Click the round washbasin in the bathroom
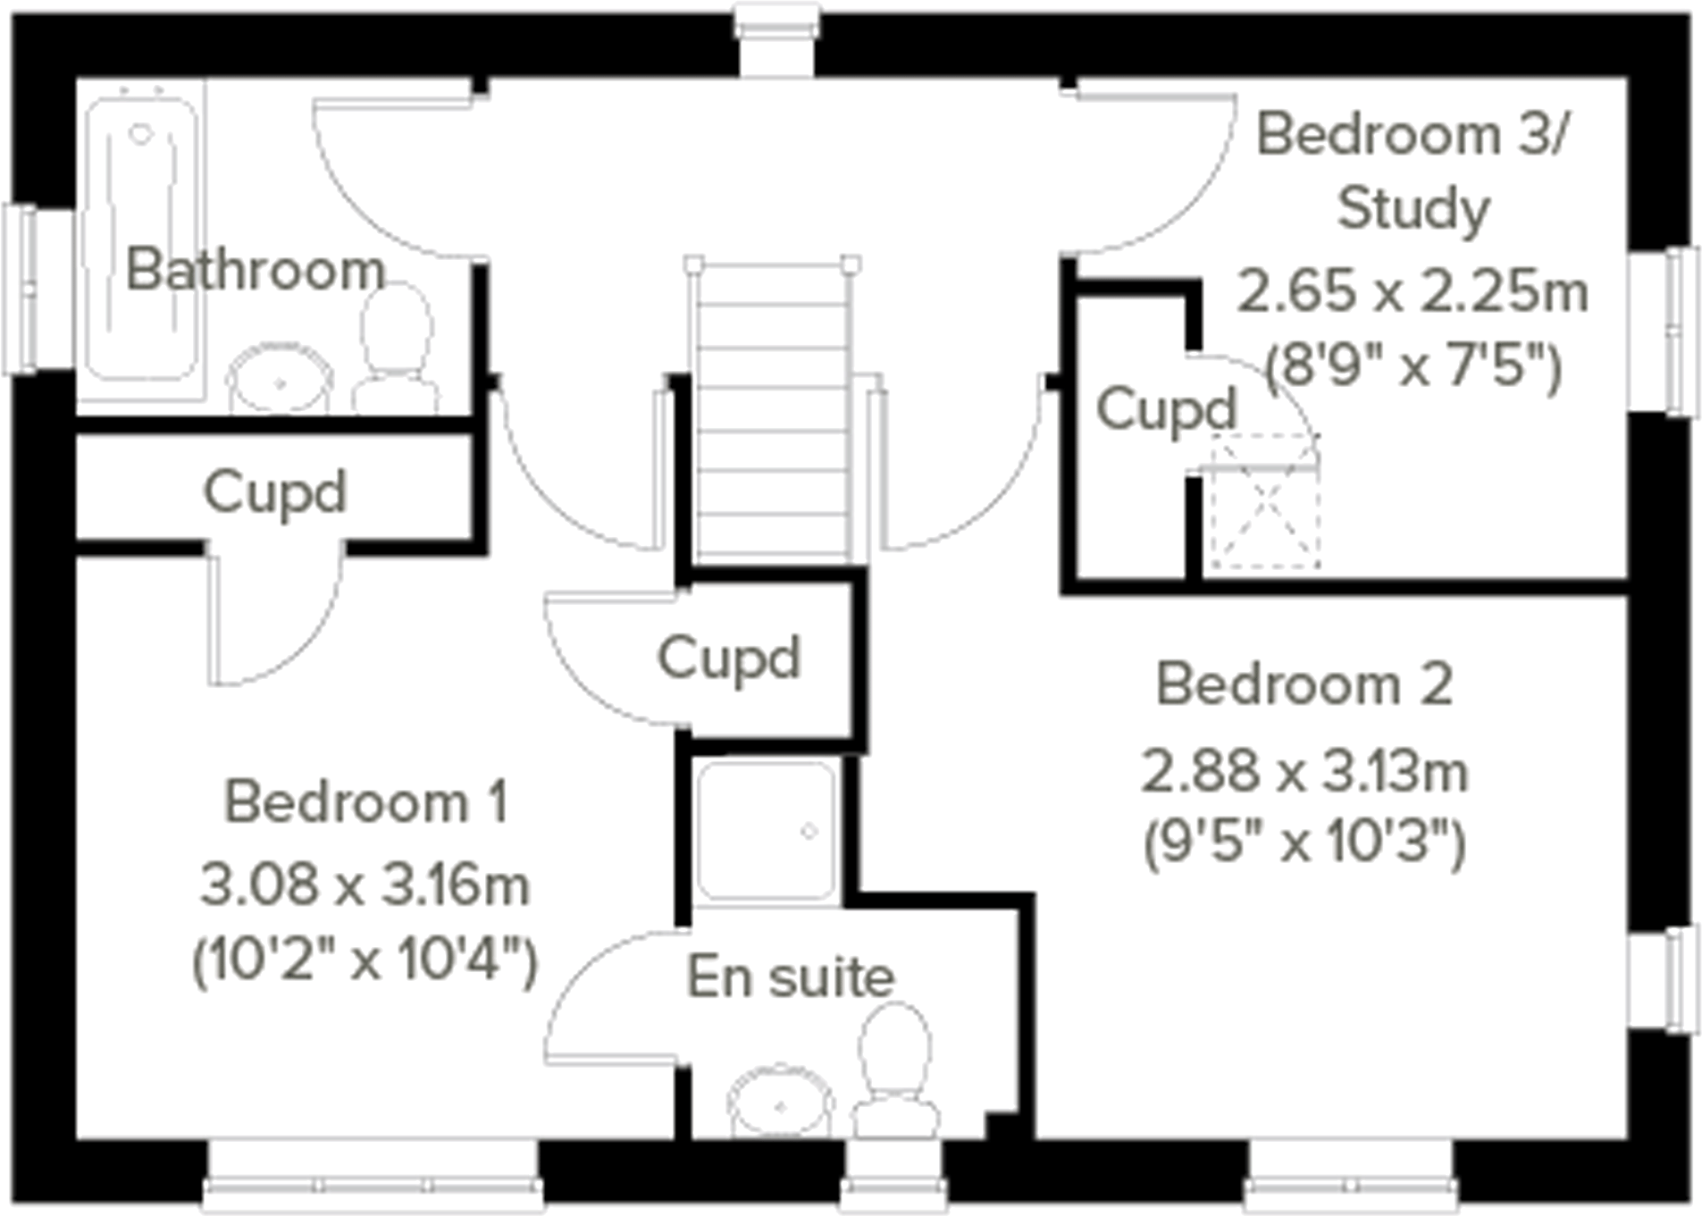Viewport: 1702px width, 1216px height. (280, 382)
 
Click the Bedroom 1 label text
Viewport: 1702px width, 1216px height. (365, 801)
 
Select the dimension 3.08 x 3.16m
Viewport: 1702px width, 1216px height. (365, 885)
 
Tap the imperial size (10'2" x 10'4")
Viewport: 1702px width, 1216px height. (365, 960)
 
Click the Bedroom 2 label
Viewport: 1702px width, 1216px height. (1304, 684)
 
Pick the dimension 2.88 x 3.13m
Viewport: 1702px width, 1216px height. (1304, 772)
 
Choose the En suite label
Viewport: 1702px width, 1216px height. (790, 977)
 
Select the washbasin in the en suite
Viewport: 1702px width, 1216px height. (780, 1104)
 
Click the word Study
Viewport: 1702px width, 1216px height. (1413, 209)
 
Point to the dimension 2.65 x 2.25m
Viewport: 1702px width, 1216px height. (1413, 291)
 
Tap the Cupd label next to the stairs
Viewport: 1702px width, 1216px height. (728, 658)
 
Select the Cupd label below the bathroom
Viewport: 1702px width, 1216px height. (274, 492)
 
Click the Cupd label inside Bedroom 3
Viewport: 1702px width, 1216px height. (1166, 410)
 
